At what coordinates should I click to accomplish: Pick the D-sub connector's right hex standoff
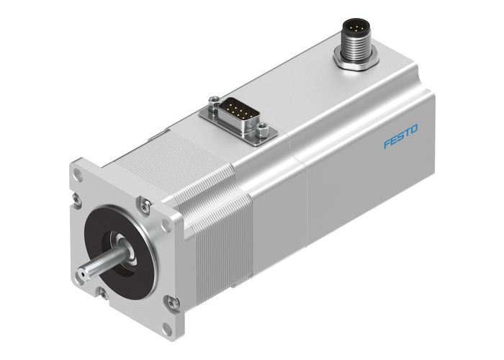(x=264, y=130)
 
